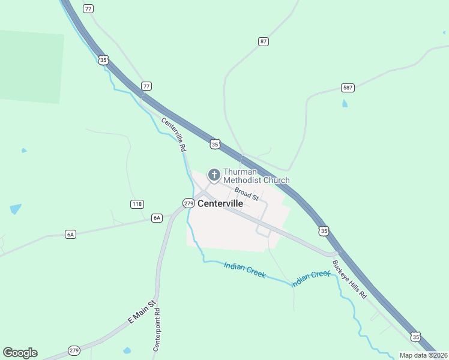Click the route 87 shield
pyautogui.click(x=264, y=41)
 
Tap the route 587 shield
pyautogui.click(x=348, y=88)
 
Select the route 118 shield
pyautogui.click(x=137, y=204)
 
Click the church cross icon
pyautogui.click(x=213, y=175)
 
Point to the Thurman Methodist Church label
pyautogui.click(x=256, y=176)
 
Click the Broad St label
pyautogui.click(x=246, y=194)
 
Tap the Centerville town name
pyautogui.click(x=220, y=203)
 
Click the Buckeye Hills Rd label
pyautogui.click(x=349, y=280)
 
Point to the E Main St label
pyautogui.click(x=142, y=313)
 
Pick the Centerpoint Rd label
pyautogui.click(x=157, y=330)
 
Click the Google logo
pyautogui.click(x=20, y=353)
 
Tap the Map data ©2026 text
pyautogui.click(x=423, y=355)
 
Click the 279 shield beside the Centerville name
pyautogui.click(x=188, y=203)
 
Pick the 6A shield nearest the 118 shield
pyautogui.click(x=157, y=218)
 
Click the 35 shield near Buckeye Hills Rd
pyautogui.click(x=324, y=230)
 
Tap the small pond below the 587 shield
pyautogui.click(x=345, y=103)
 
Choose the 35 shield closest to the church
pyautogui.click(x=215, y=144)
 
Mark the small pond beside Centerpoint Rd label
pyautogui.click(x=127, y=350)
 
